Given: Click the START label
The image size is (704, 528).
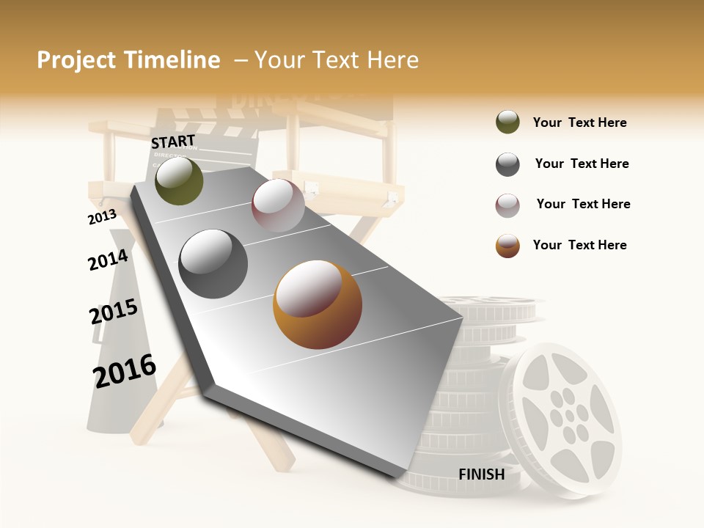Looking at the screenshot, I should [173, 142].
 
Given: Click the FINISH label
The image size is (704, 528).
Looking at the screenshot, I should [482, 474].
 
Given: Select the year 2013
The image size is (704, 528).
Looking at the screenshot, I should [102, 216].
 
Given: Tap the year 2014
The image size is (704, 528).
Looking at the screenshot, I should [108, 260].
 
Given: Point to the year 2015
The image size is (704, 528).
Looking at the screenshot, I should [114, 312].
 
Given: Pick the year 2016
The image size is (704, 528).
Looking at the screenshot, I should [125, 370].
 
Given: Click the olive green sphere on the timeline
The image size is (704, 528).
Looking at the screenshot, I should [180, 181].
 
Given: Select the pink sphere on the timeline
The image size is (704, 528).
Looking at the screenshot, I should [278, 205].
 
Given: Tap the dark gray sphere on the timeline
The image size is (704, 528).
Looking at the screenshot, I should [213, 264].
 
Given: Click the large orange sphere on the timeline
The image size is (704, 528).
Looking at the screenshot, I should [318, 304].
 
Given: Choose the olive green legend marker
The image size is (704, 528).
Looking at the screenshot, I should [507, 122].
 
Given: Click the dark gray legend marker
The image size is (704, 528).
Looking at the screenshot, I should [507, 164].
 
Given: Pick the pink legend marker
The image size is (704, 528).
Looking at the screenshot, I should [507, 205].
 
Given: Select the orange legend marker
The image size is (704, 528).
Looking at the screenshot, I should [507, 246].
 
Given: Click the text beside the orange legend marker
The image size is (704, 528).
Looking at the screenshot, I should [579, 245].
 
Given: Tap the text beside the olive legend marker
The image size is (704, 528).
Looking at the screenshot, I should [579, 122].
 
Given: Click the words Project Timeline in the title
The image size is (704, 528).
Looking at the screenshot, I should [128, 60].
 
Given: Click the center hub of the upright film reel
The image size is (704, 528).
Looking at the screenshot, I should [568, 416].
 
